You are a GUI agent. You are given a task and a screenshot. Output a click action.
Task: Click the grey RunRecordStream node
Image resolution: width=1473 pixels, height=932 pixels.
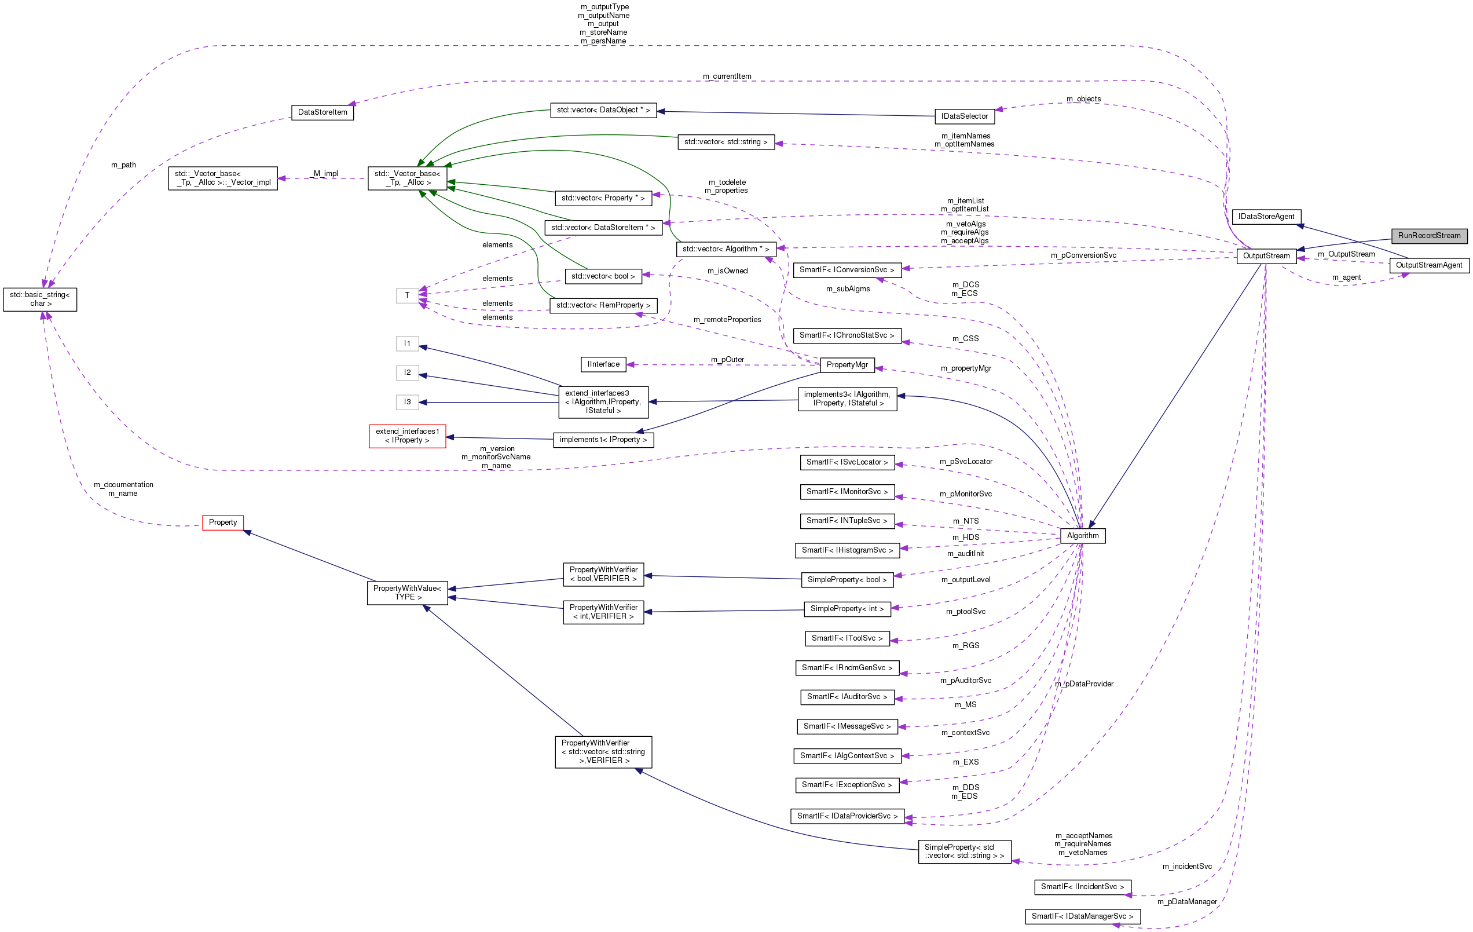pos(1429,236)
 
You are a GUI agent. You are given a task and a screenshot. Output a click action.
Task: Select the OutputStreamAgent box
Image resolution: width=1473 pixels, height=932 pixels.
pos(1429,265)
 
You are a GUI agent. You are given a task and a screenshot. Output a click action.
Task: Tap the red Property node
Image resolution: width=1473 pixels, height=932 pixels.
pos(223,522)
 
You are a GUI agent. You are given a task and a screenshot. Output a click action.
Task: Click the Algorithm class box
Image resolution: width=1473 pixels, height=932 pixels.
pos(1082,535)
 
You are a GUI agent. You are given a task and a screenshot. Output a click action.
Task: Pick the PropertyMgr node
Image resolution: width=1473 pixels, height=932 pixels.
pos(847,365)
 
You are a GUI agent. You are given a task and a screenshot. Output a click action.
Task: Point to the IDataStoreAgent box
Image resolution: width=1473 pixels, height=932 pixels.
pos(1266,217)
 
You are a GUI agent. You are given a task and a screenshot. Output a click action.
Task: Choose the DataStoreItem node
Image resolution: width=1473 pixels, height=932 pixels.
pos(323,112)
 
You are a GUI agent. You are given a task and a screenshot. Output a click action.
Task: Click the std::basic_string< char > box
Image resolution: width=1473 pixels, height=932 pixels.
pos(40,299)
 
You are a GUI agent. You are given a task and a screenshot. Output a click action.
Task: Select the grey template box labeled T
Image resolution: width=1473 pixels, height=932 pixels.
pos(407,295)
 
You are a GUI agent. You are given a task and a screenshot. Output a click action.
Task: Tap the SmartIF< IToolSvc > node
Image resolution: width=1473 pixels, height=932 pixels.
pos(847,638)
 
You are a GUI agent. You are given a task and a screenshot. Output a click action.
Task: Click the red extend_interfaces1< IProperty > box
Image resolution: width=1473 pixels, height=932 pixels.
pos(408,436)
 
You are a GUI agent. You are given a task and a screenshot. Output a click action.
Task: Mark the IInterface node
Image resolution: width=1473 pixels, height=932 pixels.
pos(603,364)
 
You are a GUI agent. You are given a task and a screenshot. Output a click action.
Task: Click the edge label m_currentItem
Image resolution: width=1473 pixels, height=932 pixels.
pos(727,76)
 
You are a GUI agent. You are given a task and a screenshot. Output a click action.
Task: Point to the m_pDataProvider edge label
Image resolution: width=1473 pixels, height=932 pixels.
pos(1084,684)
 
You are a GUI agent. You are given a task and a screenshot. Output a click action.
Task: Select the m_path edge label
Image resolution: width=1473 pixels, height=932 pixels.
pos(123,165)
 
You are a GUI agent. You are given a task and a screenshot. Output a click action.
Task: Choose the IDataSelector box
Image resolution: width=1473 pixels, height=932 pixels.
pos(964,116)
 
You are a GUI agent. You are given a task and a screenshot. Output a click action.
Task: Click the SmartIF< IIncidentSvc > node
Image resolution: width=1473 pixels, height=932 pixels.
pos(1082,886)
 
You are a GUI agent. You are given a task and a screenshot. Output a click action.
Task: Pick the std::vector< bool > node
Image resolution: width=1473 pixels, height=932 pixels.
pos(603,277)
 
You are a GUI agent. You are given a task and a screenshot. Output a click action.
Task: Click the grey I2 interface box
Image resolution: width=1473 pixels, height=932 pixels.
pos(407,372)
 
